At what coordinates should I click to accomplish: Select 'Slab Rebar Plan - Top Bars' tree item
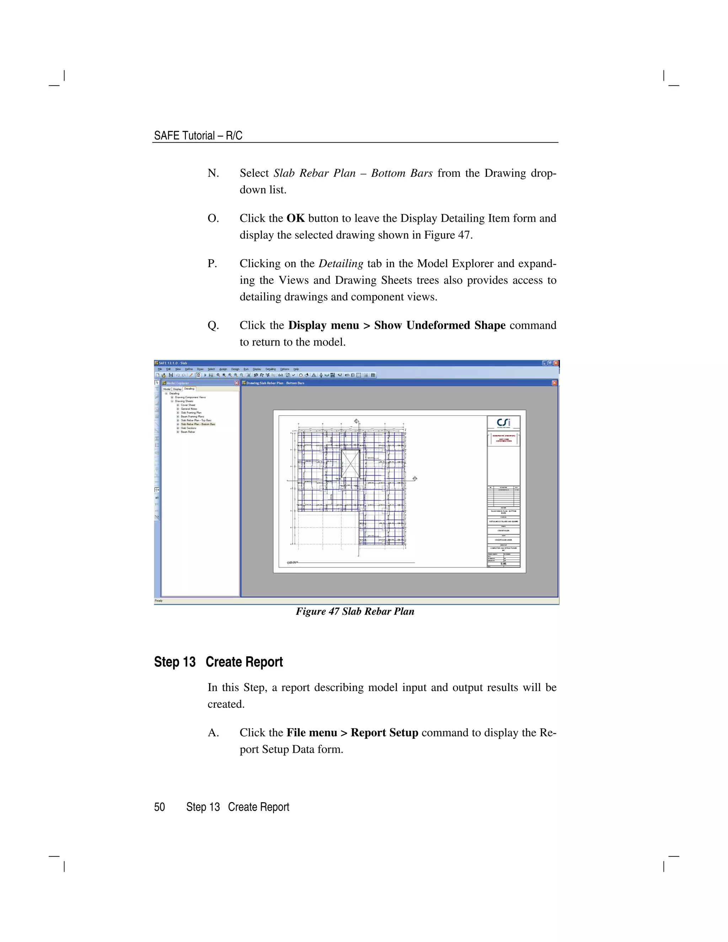[196, 420]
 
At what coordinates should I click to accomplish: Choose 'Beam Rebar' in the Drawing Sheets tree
[188, 432]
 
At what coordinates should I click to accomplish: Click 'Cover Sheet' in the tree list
[188, 405]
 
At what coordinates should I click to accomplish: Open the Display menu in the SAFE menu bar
[257, 369]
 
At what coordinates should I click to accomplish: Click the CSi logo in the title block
[503, 423]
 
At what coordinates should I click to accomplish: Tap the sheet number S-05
[503, 564]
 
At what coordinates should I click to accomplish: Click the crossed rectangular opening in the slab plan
[350, 464]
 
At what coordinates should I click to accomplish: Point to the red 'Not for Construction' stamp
[503, 438]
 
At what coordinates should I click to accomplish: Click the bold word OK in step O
[295, 218]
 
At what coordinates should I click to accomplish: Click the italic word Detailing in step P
[341, 263]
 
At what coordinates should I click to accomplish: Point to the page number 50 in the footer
[160, 807]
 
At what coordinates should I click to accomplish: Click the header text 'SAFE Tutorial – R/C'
[198, 135]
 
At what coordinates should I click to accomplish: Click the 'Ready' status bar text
[159, 600]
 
